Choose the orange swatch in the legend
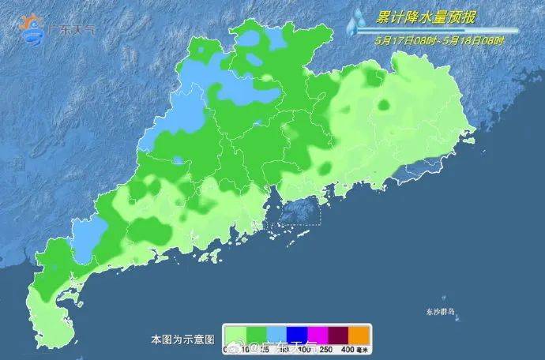pyautogui.click(x=359, y=333)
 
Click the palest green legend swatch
pyautogui.click(x=234, y=333)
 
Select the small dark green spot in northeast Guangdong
pyautogui.click(x=385, y=105)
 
